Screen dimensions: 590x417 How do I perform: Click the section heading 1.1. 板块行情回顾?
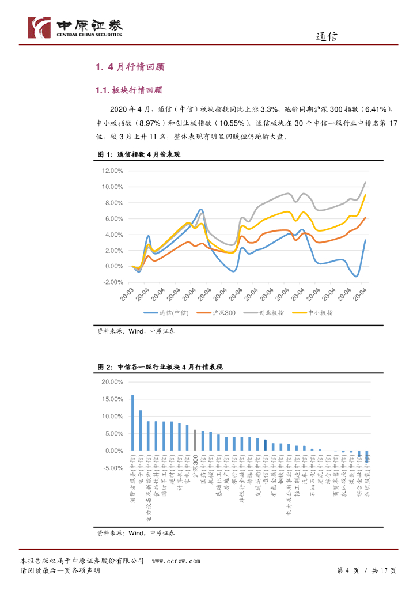128,90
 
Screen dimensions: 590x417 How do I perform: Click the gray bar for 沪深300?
195,440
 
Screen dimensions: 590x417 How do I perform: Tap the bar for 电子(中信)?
141,430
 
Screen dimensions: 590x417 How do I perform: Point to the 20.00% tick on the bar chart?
112,382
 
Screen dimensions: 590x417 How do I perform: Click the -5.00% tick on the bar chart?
112,468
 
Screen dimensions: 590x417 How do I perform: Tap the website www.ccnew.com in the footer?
176,561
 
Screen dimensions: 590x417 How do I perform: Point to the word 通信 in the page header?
327,37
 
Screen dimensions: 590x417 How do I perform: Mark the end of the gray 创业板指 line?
365,182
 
